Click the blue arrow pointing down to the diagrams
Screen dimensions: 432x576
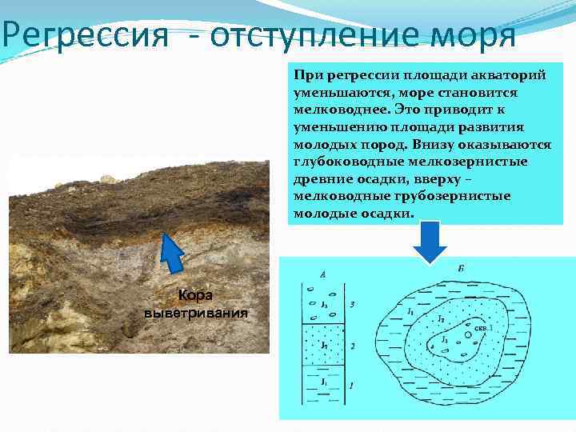pos(432,241)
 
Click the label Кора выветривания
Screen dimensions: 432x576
pos(195,303)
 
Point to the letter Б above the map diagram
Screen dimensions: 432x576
pos(460,267)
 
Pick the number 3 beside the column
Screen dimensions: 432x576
pos(353,305)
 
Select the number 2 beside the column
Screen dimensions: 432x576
pos(353,346)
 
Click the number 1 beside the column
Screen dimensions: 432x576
pos(353,386)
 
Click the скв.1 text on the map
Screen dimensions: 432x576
pos(483,328)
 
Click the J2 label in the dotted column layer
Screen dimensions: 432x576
pos(323,346)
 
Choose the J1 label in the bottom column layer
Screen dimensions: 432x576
pos(323,382)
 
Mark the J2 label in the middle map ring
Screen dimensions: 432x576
pos(440,319)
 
